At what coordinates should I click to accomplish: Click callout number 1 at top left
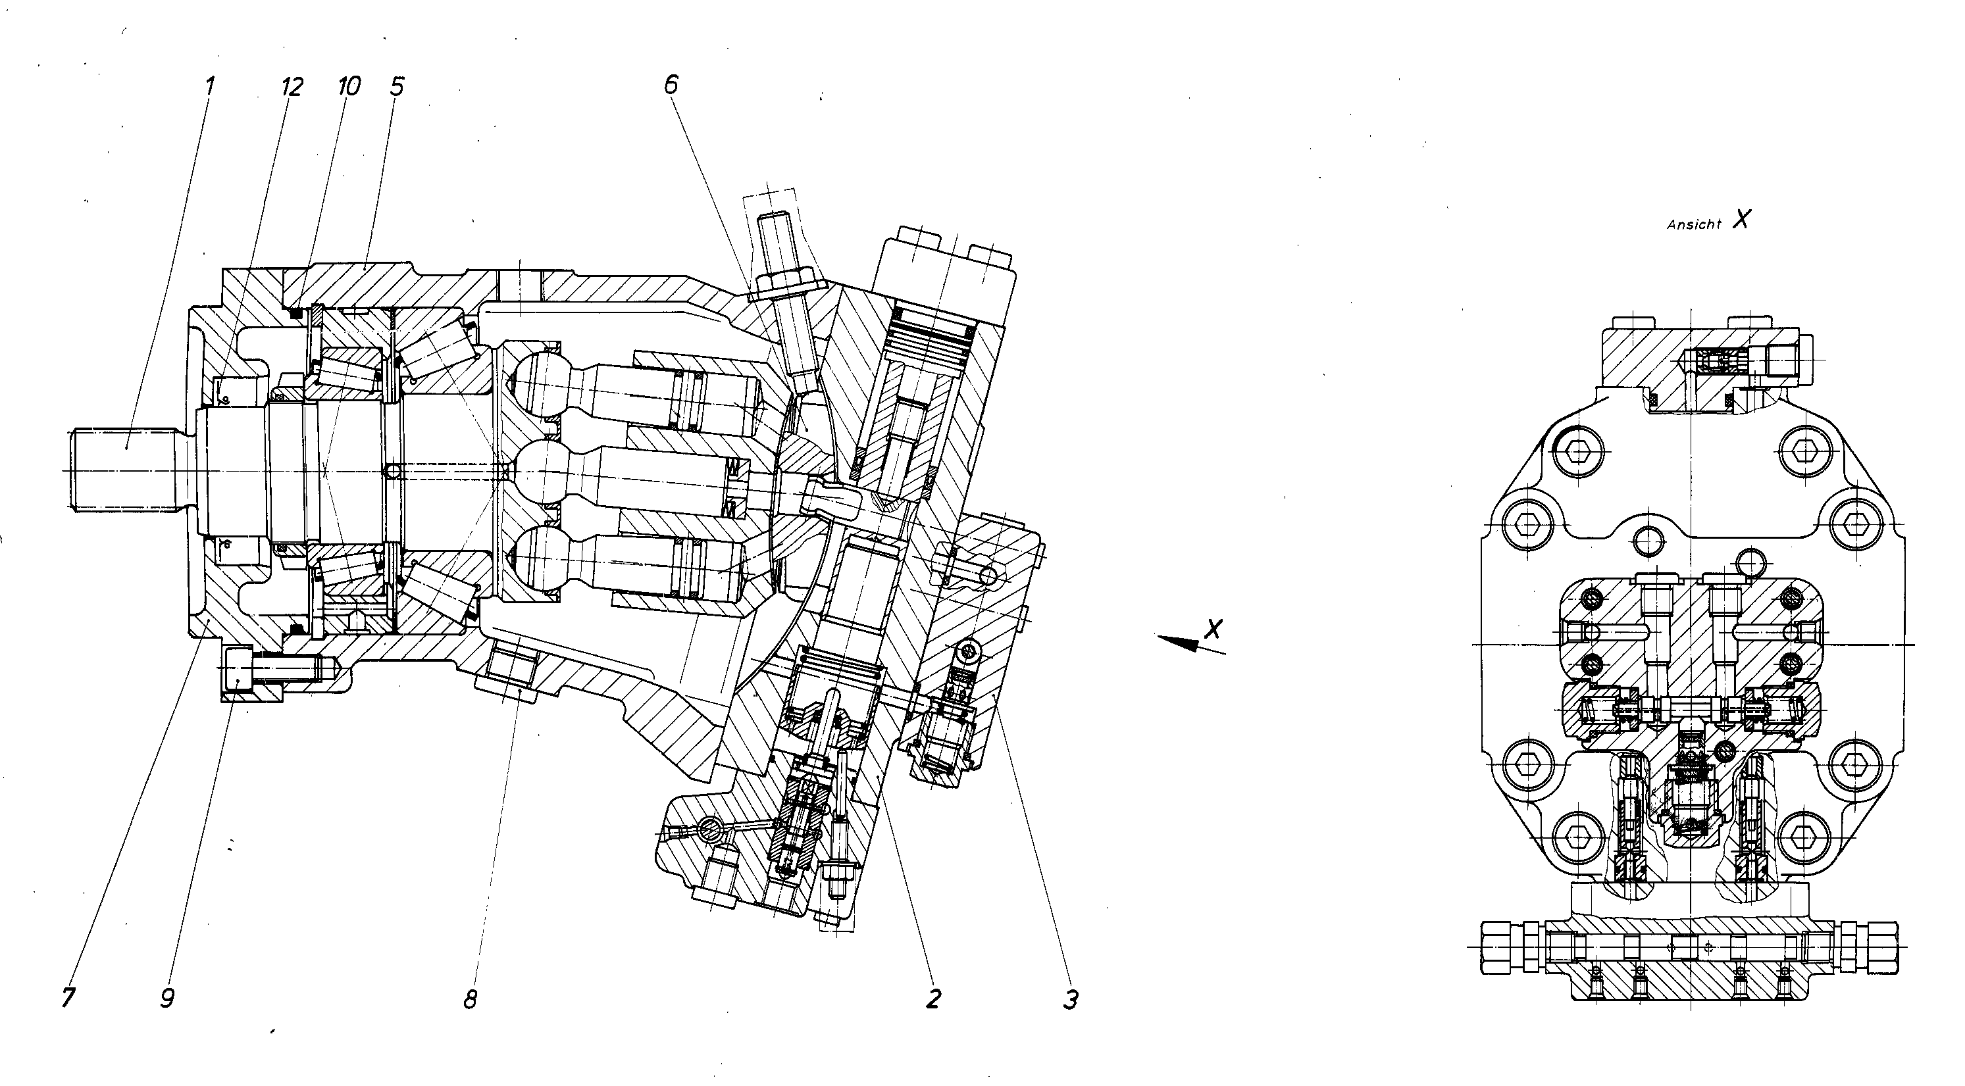(x=210, y=85)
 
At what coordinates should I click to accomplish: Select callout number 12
(x=292, y=86)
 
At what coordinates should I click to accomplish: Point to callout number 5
(x=397, y=86)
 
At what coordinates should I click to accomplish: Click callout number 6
(x=671, y=85)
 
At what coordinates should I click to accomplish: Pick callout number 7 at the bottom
(x=68, y=998)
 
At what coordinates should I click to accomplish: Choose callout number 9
(x=168, y=998)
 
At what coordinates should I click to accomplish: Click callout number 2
(x=934, y=998)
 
